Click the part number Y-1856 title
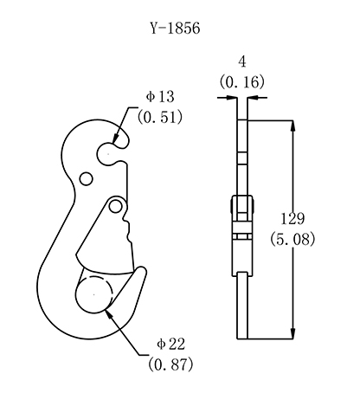pos(175,29)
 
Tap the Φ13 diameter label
pos(160,97)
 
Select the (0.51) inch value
pos(160,118)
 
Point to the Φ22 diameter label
pos(170,344)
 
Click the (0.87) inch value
pos(170,364)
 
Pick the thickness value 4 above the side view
pos(242,61)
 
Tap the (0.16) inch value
pos(242,82)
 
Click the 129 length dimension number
pos(292,218)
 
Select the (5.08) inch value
pos(292,240)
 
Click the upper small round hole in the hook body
pos(86,179)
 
